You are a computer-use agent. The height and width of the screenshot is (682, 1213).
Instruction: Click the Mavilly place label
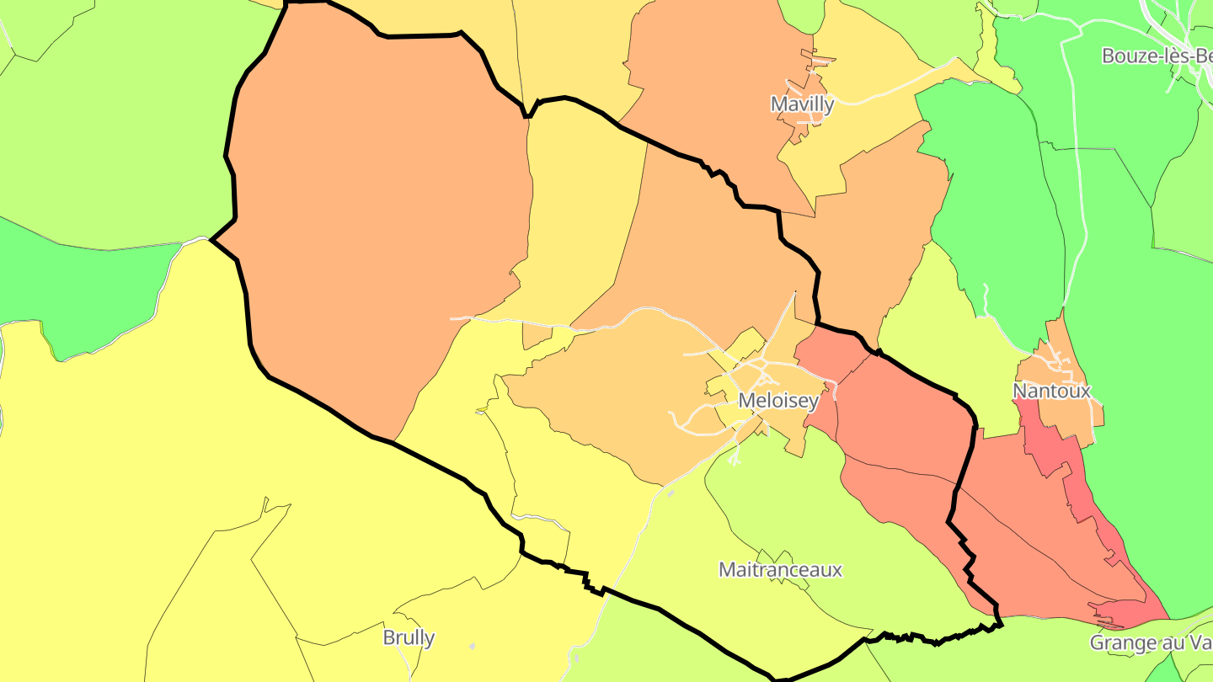[x=802, y=104]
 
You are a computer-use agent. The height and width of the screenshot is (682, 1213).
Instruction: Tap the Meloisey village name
[x=777, y=401]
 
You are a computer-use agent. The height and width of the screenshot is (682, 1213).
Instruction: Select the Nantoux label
[x=1051, y=391]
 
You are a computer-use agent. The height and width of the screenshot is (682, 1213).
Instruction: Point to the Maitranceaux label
[x=780, y=569]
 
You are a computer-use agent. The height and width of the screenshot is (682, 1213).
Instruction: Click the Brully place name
[x=409, y=637]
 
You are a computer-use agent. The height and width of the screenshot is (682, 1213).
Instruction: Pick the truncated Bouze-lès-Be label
[x=1157, y=56]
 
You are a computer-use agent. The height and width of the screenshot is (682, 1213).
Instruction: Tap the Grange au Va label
[x=1151, y=642]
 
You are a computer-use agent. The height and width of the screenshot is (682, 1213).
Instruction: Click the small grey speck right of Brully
[x=473, y=647]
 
